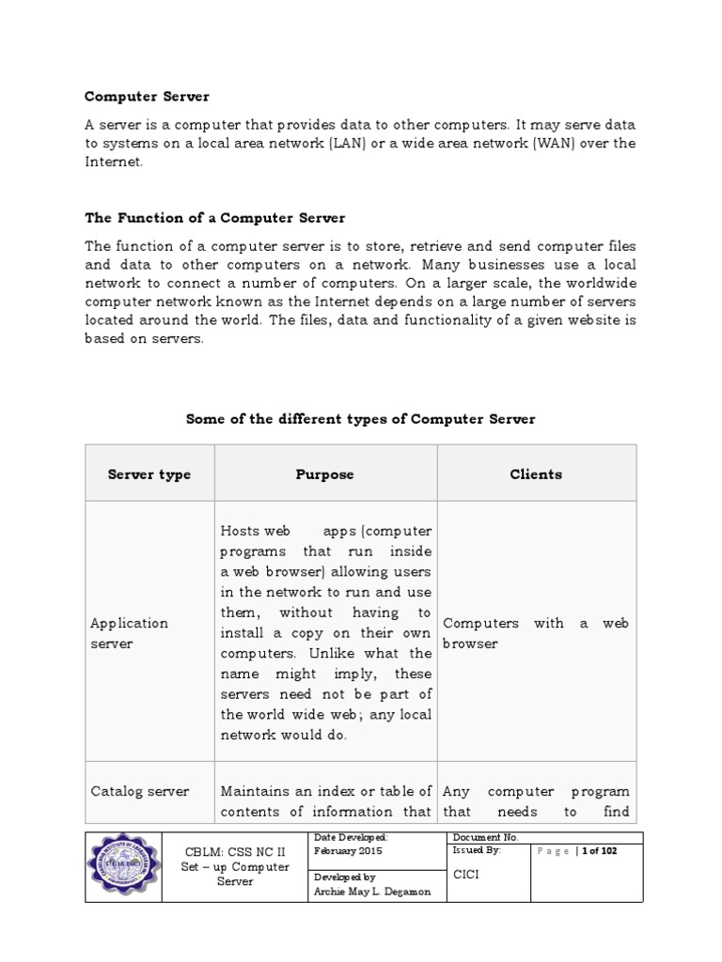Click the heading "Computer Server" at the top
[x=147, y=96]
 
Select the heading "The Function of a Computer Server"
[x=215, y=218]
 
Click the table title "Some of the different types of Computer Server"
[x=360, y=419]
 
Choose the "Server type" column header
[x=149, y=474]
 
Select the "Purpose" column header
[x=324, y=474]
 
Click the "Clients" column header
[x=536, y=474]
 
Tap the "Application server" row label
[x=130, y=633]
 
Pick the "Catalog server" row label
[x=140, y=791]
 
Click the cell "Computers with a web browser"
[x=536, y=633]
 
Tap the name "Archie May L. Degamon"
[x=371, y=892]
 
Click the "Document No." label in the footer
[x=485, y=837]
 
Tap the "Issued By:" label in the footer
[x=477, y=850]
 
